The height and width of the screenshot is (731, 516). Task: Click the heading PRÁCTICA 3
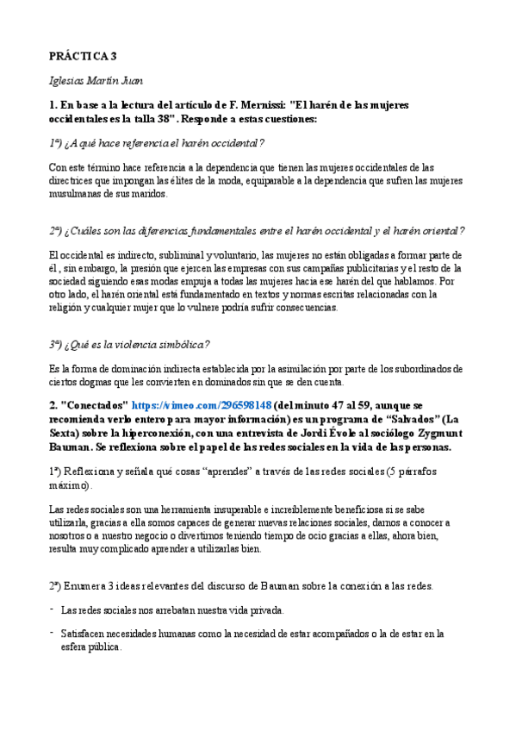click(x=83, y=57)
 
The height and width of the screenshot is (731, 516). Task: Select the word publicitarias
click(x=338, y=268)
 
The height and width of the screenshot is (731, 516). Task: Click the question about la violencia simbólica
click(x=129, y=345)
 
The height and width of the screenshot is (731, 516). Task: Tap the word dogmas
click(x=88, y=382)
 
